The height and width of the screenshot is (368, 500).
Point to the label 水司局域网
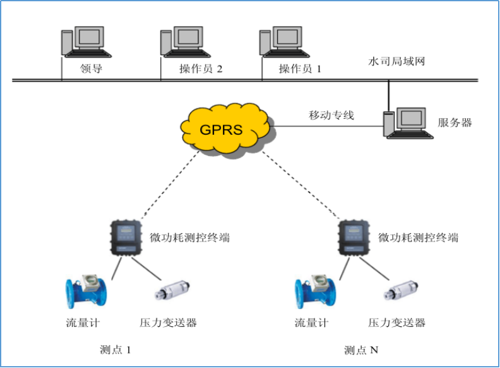pyautogui.click(x=397, y=62)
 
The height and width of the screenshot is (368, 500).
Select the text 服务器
pyautogui.click(x=455, y=122)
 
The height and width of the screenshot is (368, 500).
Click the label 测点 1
pyautogui.click(x=117, y=350)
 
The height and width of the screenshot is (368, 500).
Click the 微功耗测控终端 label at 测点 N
pyautogui.click(x=418, y=238)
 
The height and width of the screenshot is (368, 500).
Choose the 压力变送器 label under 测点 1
pyautogui.click(x=168, y=322)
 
